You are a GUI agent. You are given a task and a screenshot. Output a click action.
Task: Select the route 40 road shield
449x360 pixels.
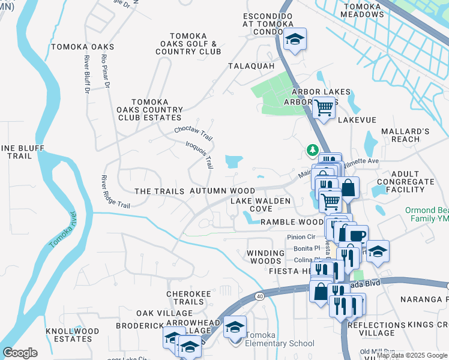[x=259, y=296]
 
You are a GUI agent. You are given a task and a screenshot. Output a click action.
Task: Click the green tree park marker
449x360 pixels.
[x=312, y=149]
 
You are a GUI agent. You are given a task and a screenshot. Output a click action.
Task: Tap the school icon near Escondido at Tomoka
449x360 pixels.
[x=294, y=40]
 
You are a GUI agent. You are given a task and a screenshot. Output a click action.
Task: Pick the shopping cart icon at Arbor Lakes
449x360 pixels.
[x=324, y=108]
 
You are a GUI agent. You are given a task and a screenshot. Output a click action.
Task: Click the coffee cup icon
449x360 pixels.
[x=356, y=235]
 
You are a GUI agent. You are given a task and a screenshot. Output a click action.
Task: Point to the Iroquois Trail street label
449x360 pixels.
[x=200, y=154]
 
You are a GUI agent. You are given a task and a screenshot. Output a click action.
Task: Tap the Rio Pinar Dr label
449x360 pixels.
[x=106, y=72]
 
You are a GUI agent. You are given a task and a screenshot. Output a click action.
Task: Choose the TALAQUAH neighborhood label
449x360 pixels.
[x=251, y=66]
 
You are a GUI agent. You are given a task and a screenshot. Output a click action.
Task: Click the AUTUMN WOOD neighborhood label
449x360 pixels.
[x=218, y=191]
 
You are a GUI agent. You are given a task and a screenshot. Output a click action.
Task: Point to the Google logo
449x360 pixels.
[x=20, y=353]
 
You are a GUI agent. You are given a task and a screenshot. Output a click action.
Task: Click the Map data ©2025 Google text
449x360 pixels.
[x=412, y=355]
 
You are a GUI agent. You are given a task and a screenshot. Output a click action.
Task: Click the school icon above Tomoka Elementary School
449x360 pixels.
[x=235, y=327]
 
